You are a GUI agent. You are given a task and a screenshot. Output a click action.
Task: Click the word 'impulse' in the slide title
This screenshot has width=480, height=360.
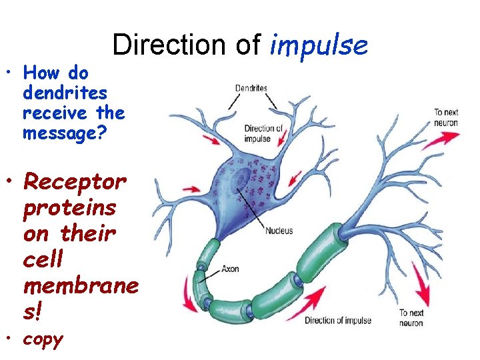click(319, 45)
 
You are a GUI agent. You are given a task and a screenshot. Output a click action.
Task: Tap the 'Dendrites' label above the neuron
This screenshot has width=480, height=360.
click(251, 88)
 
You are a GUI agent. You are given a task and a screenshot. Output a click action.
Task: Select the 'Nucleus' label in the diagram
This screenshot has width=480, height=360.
click(279, 231)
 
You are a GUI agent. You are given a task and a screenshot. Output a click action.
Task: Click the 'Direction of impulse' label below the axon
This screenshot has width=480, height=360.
click(338, 321)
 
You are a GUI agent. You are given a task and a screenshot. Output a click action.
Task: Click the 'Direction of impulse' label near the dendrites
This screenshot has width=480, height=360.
click(257, 134)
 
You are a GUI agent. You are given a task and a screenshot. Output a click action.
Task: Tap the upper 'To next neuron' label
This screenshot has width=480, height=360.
click(446, 118)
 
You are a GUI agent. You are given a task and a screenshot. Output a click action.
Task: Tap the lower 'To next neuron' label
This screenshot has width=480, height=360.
click(411, 317)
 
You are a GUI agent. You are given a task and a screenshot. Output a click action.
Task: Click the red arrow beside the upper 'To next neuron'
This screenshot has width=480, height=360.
click(440, 141)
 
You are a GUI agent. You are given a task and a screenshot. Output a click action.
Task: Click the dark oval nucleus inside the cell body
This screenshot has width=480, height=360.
click(241, 181)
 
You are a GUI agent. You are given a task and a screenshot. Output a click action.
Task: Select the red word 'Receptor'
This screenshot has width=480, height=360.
click(74, 181)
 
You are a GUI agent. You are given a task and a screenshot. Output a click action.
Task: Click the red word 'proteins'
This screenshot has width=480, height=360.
click(69, 207)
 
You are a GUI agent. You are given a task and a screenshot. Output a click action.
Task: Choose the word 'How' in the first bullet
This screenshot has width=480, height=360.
click(38, 73)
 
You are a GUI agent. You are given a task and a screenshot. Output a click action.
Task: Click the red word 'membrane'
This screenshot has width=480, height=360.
click(81, 285)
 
